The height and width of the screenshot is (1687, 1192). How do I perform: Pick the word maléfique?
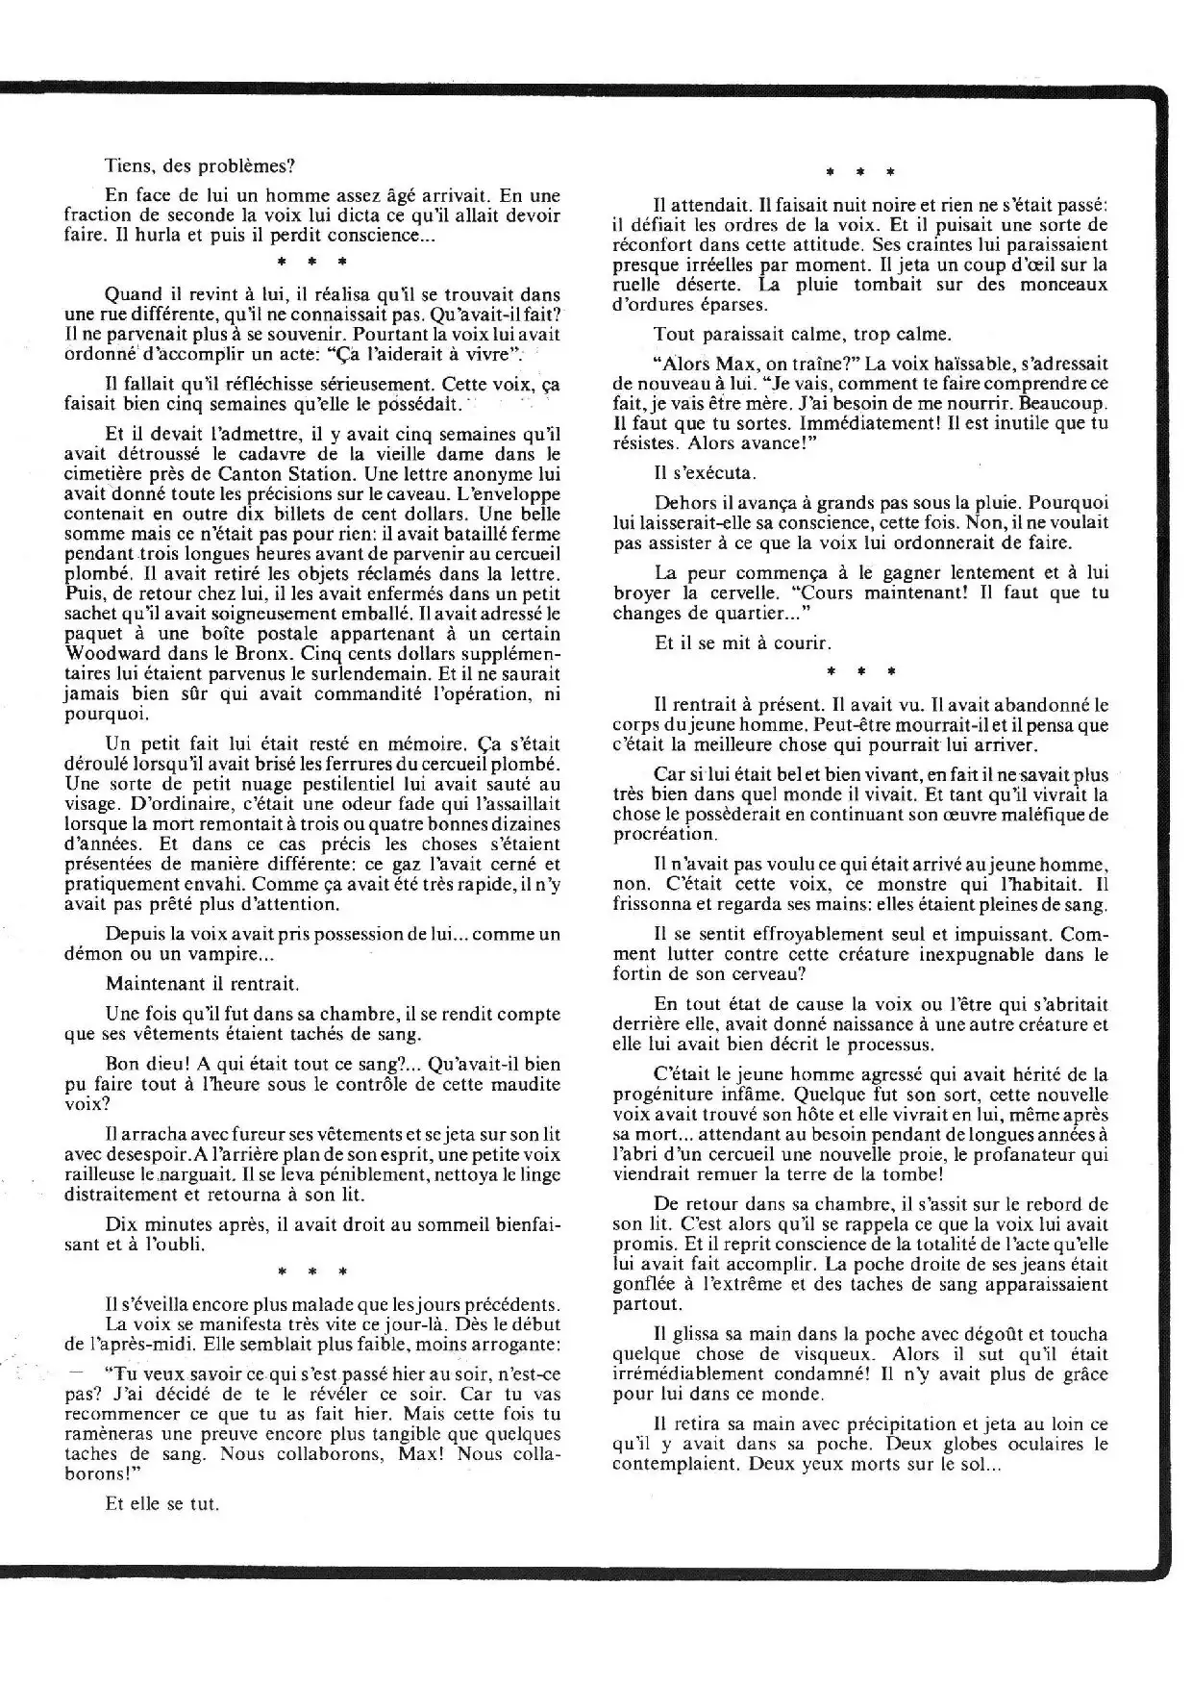1034,814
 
